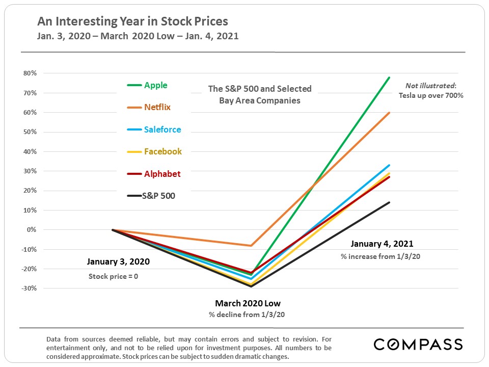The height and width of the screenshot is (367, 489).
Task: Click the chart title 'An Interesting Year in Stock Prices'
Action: point(132,21)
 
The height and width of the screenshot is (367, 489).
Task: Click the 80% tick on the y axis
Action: point(30,73)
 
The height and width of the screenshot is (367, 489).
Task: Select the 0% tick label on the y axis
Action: point(32,230)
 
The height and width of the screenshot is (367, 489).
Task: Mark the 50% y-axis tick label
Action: point(30,132)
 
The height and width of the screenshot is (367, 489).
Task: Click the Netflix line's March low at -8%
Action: point(251,246)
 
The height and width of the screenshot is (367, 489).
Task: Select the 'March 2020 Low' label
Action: point(247,303)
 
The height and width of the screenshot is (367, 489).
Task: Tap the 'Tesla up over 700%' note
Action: point(431,96)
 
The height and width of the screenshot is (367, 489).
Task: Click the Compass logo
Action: point(418,344)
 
